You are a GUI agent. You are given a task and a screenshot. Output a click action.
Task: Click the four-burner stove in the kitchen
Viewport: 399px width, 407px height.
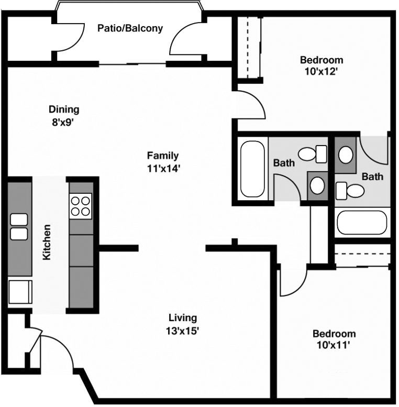pos(81,205)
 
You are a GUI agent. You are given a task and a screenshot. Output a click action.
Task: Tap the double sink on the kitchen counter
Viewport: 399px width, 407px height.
pos(19,227)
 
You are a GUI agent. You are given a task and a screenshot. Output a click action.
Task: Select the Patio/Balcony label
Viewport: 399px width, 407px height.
pos(130,28)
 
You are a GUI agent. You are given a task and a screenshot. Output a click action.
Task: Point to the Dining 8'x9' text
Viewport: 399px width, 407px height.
pos(64,115)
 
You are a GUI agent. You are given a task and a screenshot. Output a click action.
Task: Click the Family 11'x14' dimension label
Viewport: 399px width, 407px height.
pos(162,161)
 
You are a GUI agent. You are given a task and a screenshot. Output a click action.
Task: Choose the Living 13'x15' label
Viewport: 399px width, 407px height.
pos(183,323)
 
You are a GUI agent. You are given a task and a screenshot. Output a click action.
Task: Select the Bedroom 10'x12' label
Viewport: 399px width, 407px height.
pos(322,65)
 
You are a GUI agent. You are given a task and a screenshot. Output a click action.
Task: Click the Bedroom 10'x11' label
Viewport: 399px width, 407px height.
pos(334,339)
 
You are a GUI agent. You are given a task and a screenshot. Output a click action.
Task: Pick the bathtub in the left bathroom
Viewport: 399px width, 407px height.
pos(253,168)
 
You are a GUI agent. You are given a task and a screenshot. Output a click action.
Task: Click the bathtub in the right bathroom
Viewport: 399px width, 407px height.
pos(362,223)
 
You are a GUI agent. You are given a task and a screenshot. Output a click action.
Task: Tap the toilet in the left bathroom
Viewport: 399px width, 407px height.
pos(312,154)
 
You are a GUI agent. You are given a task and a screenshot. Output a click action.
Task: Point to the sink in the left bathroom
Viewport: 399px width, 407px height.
pos(317,184)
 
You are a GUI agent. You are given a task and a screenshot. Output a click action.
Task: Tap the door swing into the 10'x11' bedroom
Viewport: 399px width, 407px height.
pos(292,283)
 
